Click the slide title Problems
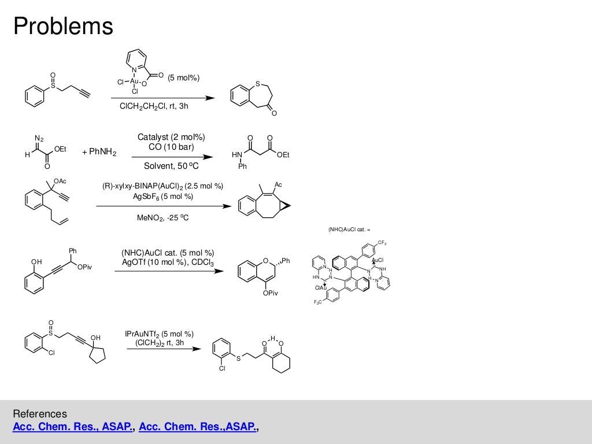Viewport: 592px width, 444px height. [x=64, y=26]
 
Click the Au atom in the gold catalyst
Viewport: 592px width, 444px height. [x=134, y=82]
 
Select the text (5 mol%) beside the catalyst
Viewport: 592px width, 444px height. [x=184, y=79]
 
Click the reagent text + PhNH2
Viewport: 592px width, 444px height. [x=99, y=153]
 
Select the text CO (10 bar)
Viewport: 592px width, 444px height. [x=171, y=147]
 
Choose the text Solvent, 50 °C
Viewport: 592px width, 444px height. [x=171, y=167]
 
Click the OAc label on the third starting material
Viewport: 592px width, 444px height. [x=60, y=182]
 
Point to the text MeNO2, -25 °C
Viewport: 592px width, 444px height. [x=162, y=218]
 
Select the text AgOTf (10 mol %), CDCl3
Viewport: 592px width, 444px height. [x=168, y=262]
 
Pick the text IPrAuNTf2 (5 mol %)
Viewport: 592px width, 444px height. [x=159, y=334]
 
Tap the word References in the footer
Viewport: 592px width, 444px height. [x=40, y=414]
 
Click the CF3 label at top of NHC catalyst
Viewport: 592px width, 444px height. [x=382, y=242]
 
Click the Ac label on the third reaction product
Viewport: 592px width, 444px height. [x=277, y=184]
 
